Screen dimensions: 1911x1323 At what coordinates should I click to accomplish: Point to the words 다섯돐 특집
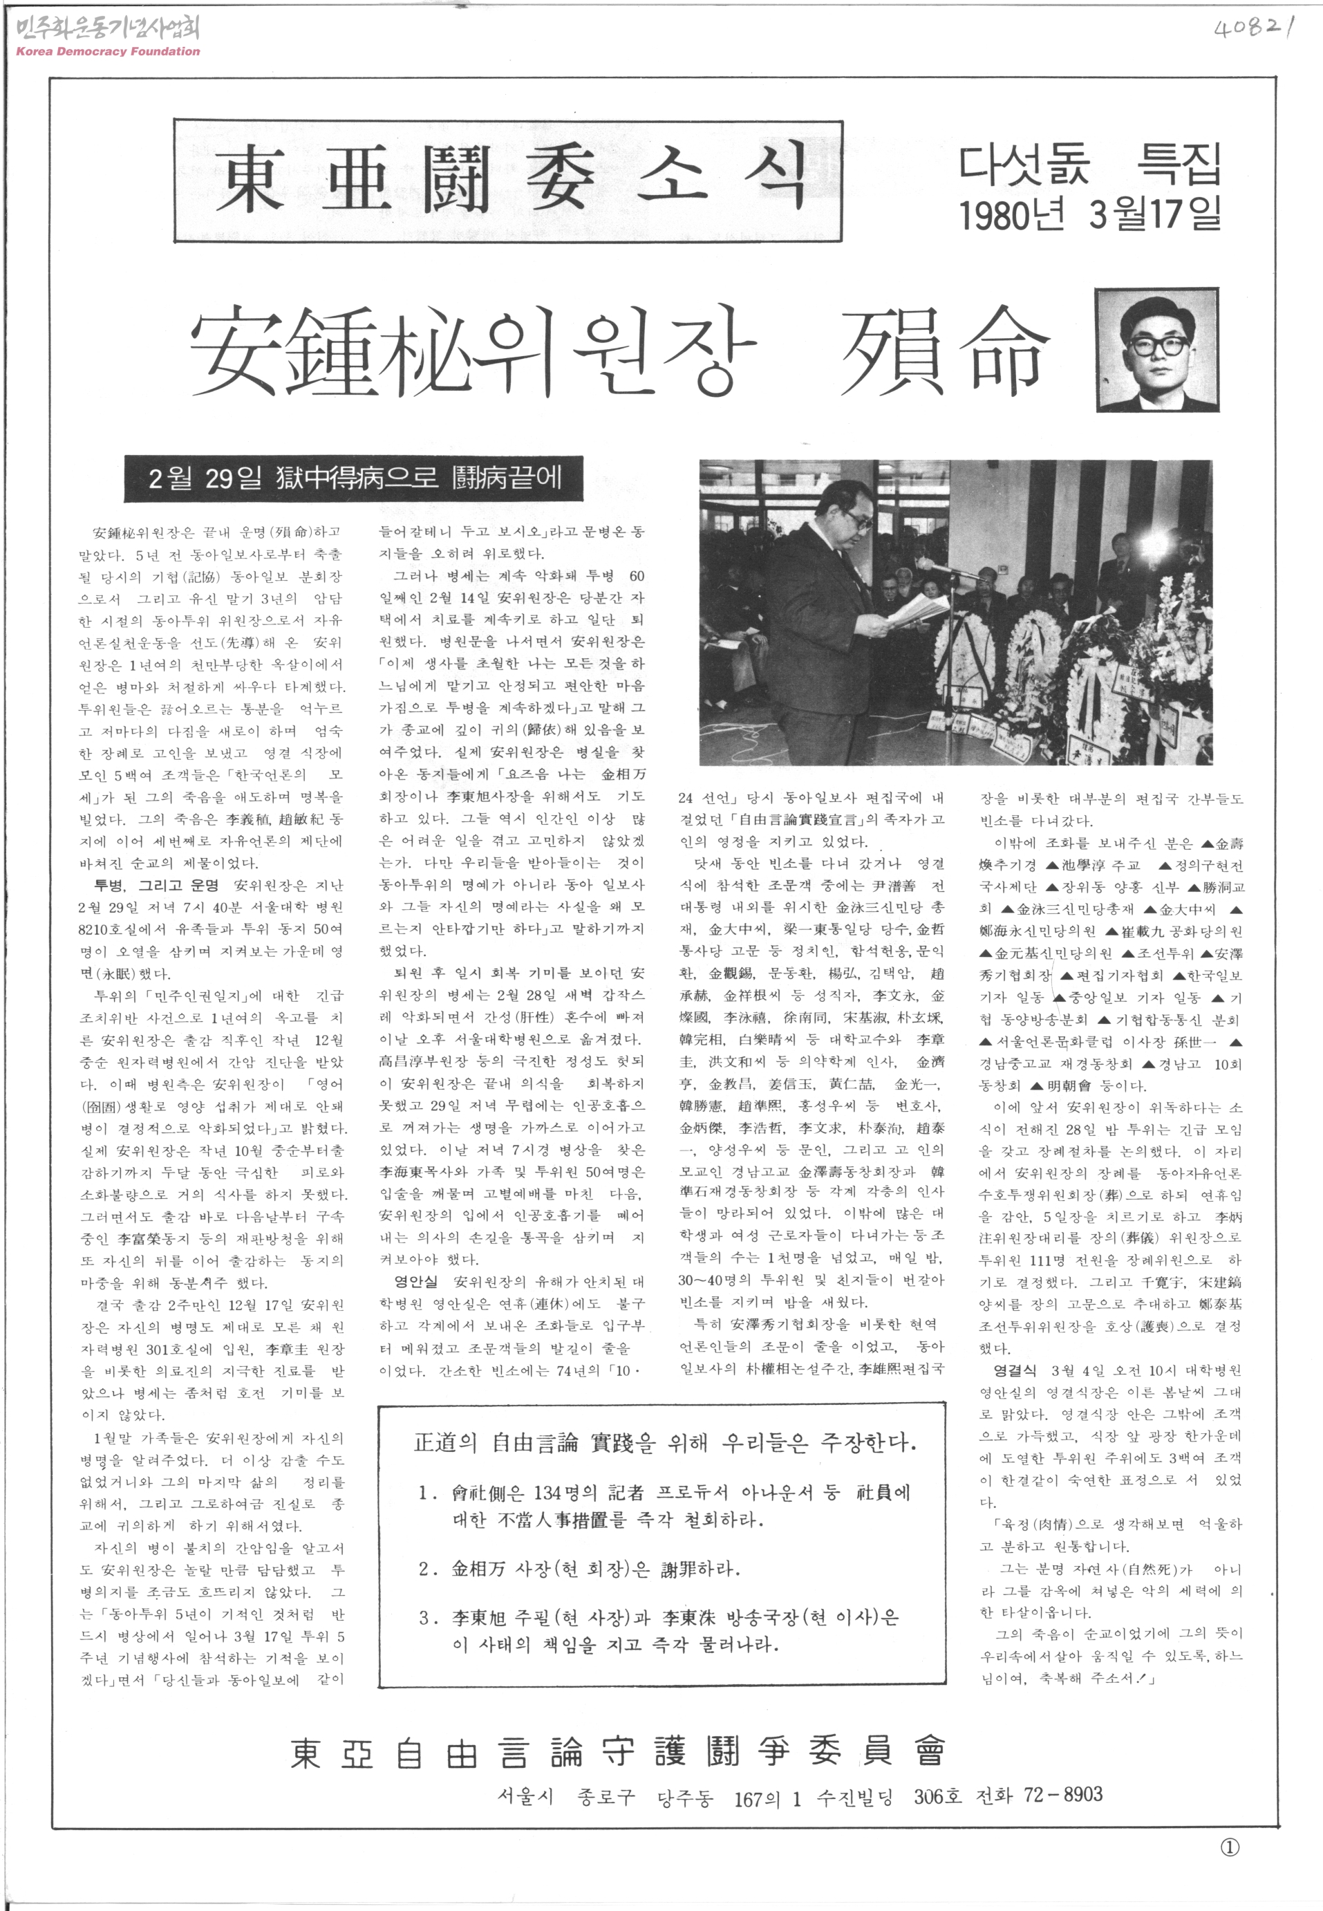pos(1090,166)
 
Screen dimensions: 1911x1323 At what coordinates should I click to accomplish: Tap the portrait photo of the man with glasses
pos(1157,349)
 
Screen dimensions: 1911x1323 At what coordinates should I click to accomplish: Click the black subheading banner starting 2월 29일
pos(355,478)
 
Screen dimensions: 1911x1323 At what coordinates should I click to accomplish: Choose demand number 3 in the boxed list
pos(659,1630)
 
